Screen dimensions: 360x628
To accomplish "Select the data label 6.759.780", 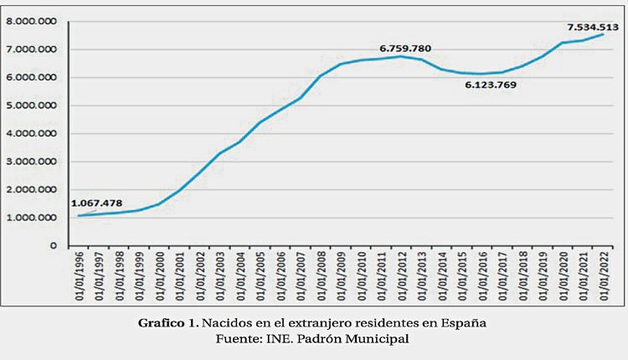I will tap(405, 48).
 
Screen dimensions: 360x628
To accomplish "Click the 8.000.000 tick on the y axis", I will tap(31, 22).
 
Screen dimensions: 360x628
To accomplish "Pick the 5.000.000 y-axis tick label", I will tap(31, 106).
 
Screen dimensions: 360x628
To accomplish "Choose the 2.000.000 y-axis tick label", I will tap(31, 190).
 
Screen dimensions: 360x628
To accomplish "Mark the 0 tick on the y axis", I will tap(53, 246).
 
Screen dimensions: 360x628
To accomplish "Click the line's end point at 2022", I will tap(603, 34).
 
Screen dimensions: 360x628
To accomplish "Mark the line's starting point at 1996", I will tap(79, 216).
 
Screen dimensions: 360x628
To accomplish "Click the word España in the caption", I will tap(465, 322).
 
